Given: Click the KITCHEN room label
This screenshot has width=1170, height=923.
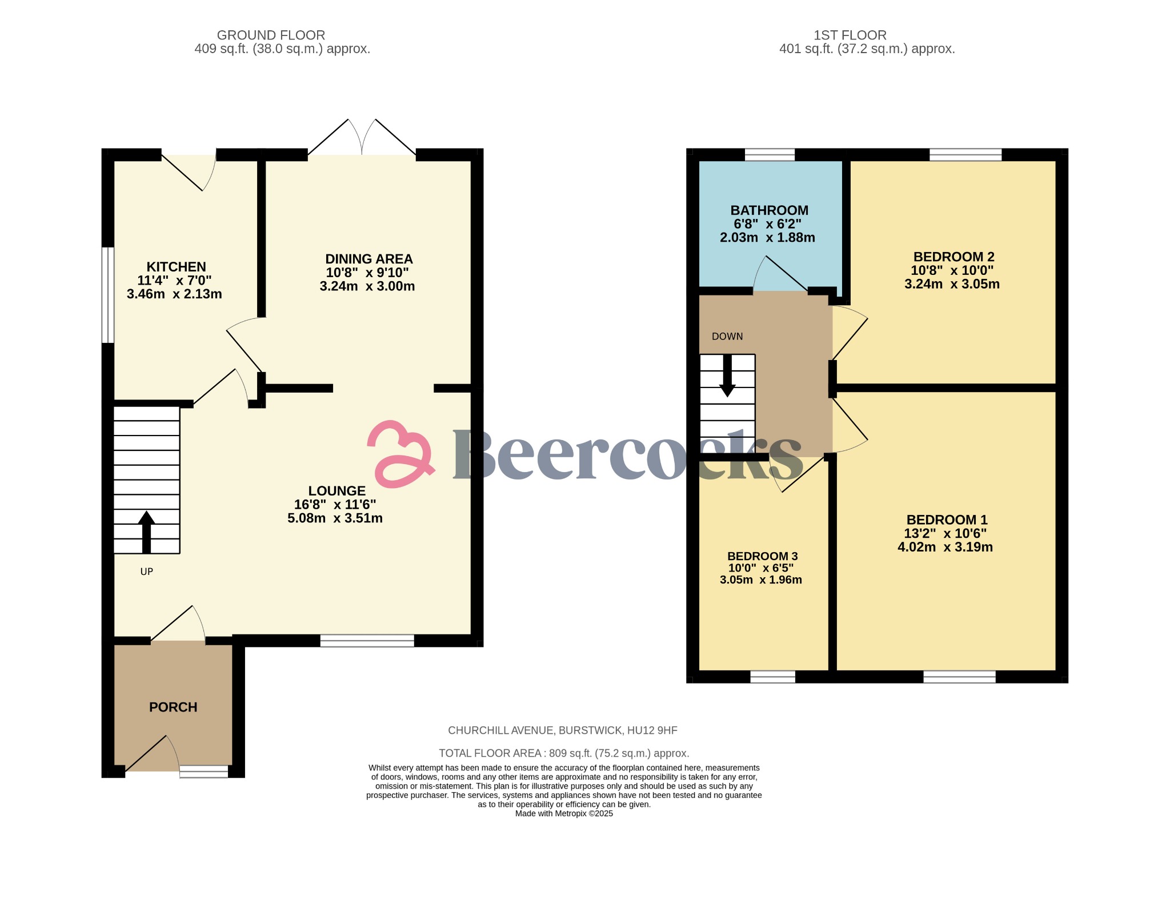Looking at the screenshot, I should [176, 267].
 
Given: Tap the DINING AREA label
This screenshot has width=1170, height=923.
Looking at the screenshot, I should [368, 259].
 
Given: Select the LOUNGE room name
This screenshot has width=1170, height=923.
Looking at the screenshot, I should [336, 491].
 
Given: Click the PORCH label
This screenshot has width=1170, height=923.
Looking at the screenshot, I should [173, 707].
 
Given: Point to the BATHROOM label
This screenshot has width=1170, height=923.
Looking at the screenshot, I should [769, 210].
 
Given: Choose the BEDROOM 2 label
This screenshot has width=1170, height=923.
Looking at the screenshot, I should [953, 257].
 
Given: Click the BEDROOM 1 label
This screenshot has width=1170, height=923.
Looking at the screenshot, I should [947, 520].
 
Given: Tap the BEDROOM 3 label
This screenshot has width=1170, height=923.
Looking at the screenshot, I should [762, 556].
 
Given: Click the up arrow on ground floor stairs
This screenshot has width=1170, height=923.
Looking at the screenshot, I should [146, 532].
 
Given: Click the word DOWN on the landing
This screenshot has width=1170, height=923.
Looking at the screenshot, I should [727, 337].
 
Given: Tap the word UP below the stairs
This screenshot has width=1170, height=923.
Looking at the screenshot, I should [147, 572].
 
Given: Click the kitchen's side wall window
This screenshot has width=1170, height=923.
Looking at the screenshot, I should [108, 295].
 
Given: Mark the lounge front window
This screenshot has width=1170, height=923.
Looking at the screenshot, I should [367, 641].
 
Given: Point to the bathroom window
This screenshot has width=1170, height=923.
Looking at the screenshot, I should [770, 155].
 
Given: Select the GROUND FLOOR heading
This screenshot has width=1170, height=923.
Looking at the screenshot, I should [271, 35].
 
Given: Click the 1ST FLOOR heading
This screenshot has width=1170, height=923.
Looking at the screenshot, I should [850, 35].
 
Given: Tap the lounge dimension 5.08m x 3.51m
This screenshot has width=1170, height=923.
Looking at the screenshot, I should [335, 518].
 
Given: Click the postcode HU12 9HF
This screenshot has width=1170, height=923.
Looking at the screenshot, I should [652, 730].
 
